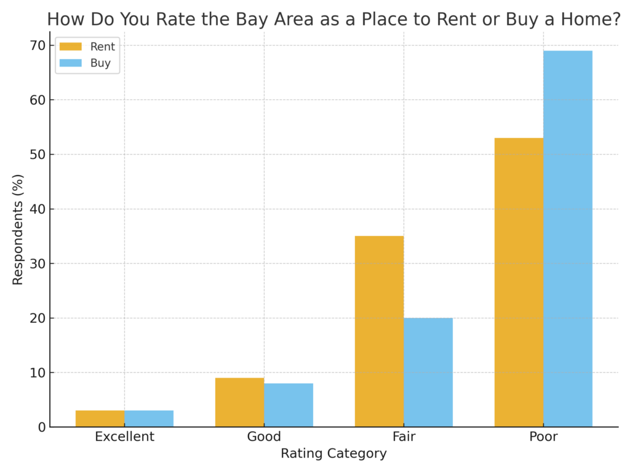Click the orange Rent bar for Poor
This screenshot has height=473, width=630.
pos(519,282)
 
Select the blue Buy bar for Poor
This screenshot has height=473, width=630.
pos(568,239)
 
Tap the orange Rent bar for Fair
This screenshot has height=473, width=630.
pos(379,331)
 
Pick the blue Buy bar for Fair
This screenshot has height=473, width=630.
pos(428,372)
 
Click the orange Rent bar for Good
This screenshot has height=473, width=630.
pos(239,402)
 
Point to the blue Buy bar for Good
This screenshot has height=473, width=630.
pos(289,405)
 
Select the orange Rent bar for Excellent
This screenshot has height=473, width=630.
pos(100,419)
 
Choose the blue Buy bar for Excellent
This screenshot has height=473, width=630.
pos(149,419)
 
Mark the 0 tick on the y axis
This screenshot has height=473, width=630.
pos(41,427)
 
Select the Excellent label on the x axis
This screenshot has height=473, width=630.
pos(124,437)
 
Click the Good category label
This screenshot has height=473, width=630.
pos(264,437)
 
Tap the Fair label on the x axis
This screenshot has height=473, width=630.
pos(404,437)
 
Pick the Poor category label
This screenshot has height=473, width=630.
pos(543,437)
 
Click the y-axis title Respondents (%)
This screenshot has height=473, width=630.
pos(18,230)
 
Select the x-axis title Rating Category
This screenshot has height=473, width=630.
pos(333,454)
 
